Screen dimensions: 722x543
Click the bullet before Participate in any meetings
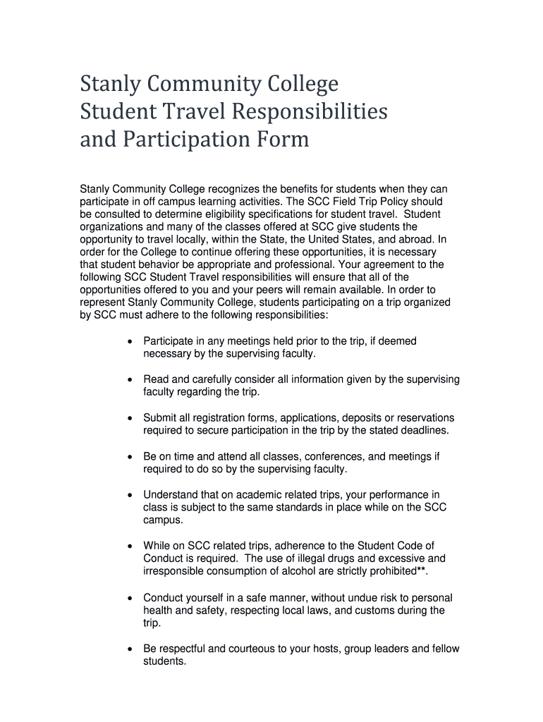[x=129, y=341]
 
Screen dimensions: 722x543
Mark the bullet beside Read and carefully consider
[x=129, y=379]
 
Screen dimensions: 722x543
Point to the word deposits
[x=348, y=418]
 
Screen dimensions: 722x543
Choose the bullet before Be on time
[x=129, y=457]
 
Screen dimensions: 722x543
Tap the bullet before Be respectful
[x=129, y=649]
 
